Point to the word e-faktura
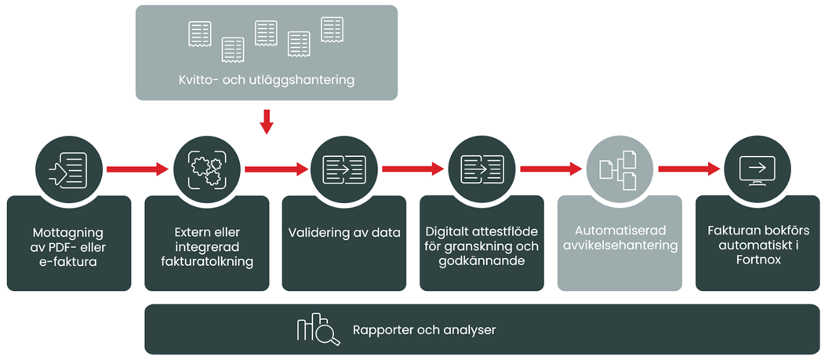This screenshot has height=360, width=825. pos(69,262)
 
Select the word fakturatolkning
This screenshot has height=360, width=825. pos(206,262)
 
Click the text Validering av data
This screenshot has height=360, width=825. pos(344,233)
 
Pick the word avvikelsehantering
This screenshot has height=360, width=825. pos(620,246)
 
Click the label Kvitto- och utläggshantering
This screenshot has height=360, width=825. pos(266,79)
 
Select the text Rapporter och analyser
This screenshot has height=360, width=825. pos(424,330)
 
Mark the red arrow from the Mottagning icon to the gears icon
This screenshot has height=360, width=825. pos(137,169)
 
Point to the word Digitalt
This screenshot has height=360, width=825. pos(449,232)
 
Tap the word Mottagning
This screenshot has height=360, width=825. pos(68,233)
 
